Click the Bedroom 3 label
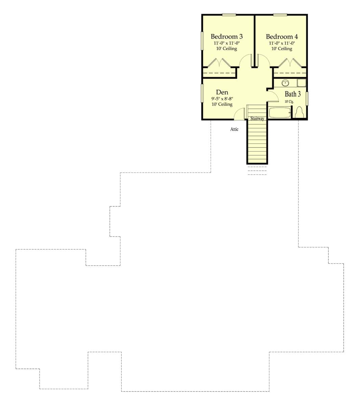[x=227, y=37]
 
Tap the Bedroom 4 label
[x=282, y=37]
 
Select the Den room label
[x=222, y=92]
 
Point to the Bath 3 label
[x=292, y=94]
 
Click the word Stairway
[x=257, y=118]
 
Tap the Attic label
[x=234, y=129]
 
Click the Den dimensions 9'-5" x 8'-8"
[x=222, y=98]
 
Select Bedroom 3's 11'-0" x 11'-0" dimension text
[x=227, y=43]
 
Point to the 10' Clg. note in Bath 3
[x=289, y=101]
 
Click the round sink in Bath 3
[x=285, y=83]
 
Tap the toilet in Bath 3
[x=299, y=112]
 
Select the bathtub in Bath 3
[x=280, y=113]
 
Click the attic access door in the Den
[x=239, y=114]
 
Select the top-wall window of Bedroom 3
[x=229, y=15]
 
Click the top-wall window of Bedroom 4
[x=280, y=15]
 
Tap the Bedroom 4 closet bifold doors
[x=290, y=63]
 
